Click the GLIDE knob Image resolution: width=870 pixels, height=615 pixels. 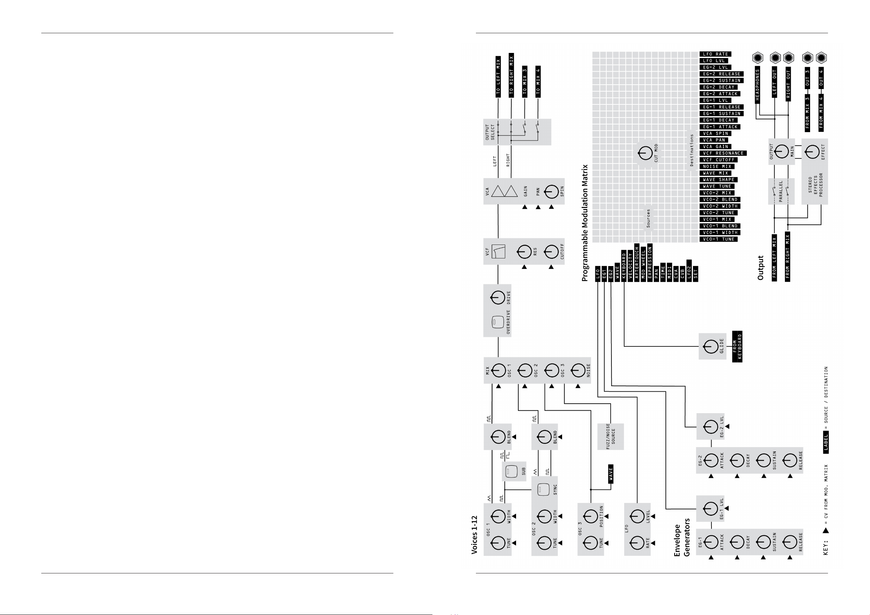(710, 346)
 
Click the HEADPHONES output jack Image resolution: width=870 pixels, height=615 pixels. (758, 58)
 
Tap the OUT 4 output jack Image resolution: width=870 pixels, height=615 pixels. (821, 58)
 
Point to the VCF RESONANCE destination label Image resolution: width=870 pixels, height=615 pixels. (723, 153)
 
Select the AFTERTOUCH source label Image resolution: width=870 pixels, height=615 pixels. (637, 262)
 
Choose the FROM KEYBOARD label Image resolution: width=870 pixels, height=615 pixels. (737, 346)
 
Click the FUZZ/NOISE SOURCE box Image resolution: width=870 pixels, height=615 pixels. (610, 437)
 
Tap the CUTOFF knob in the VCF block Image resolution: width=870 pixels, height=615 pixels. (551, 251)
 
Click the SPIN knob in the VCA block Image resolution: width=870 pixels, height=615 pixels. (551, 192)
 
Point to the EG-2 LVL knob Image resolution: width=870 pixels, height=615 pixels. (710, 427)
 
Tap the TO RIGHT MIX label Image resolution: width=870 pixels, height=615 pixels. (511, 74)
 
